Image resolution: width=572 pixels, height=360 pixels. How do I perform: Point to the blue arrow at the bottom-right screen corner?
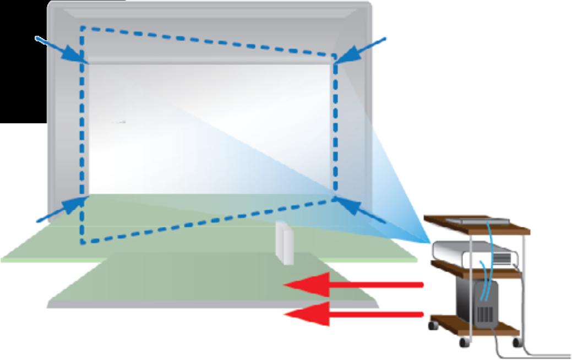coord(361,210)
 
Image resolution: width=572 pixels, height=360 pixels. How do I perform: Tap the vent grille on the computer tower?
coord(484,315)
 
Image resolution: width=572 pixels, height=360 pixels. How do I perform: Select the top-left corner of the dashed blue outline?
coord(82,26)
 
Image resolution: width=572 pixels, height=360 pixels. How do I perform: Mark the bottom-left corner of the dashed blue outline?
coord(82,242)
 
